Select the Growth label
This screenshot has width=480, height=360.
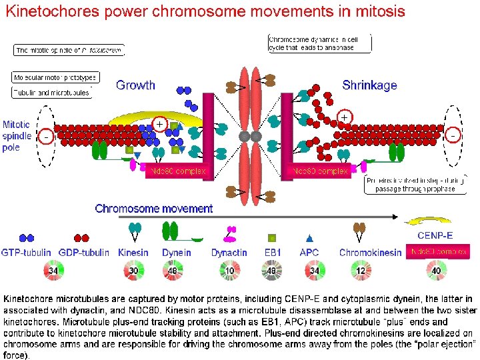(135, 85)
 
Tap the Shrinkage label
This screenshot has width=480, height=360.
(369, 85)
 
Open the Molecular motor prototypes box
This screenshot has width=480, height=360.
(55, 77)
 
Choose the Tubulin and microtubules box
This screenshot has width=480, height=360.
(52, 93)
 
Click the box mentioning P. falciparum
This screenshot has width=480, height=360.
(69, 50)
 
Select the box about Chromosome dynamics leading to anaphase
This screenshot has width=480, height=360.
(319, 43)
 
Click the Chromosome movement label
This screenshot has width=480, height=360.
(154, 209)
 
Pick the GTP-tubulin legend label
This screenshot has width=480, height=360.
(27, 253)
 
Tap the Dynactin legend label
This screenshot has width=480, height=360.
(229, 253)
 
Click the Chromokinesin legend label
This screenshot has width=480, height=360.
(371, 253)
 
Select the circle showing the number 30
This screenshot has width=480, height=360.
(133, 271)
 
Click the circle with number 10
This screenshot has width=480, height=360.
(230, 271)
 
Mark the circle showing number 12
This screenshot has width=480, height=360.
(361, 271)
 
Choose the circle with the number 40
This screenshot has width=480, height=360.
(437, 271)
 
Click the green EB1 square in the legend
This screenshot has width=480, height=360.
(272, 237)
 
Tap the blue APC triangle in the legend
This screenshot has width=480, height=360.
(309, 237)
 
